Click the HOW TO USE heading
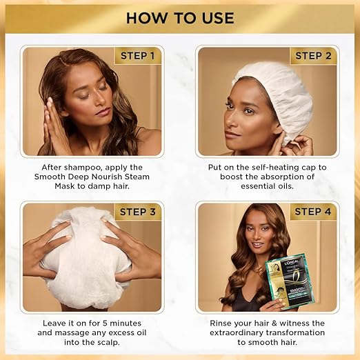tap(180, 17)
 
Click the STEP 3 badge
tap(138, 212)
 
